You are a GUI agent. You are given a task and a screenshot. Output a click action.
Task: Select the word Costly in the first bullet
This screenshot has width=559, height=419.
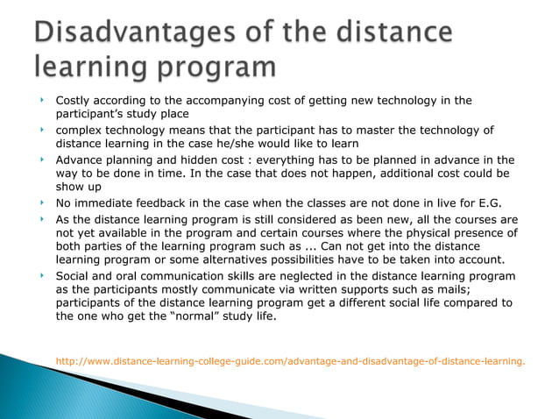(74, 100)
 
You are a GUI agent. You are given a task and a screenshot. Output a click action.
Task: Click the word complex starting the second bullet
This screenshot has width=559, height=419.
(81, 131)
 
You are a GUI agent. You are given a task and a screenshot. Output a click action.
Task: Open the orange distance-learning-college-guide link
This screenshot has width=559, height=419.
(290, 359)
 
